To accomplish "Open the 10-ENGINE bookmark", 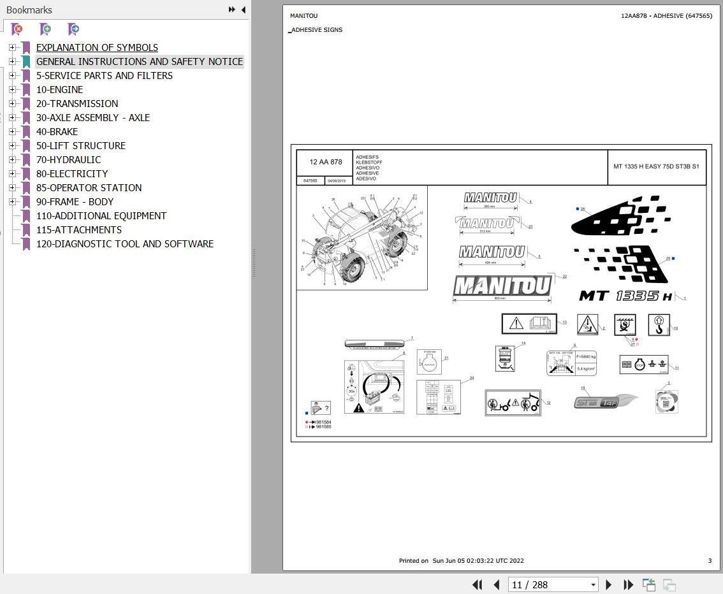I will point(59,90).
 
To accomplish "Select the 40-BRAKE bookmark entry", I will point(57,132).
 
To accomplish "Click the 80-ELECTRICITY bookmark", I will point(72,174).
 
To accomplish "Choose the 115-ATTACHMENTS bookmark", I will point(78,230).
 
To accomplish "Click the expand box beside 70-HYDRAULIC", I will point(12,160).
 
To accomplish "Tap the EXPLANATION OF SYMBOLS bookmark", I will point(97,48).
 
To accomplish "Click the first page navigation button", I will point(477,584).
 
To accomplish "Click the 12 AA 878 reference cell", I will point(326,163).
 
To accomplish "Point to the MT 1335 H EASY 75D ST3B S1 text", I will point(656,167).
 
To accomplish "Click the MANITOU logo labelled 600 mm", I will point(502,286).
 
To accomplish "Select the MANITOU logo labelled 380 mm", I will point(490,198).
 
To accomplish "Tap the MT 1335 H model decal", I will point(625,296).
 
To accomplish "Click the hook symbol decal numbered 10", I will point(659,324).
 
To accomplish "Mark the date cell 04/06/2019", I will point(336,181).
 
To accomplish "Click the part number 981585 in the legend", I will point(324,427).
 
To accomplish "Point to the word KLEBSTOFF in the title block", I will point(369,163).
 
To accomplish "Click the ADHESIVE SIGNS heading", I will point(317,30).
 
